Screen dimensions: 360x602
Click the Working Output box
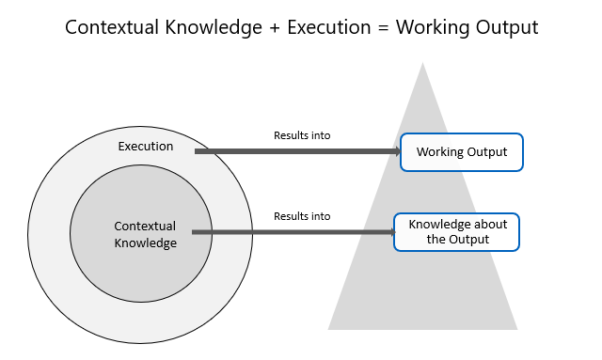pyautogui.click(x=461, y=152)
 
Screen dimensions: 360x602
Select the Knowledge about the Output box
pyautogui.click(x=457, y=231)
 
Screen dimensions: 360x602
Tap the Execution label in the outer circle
pyautogui.click(x=146, y=147)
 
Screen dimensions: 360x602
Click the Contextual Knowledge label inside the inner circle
pyautogui.click(x=146, y=235)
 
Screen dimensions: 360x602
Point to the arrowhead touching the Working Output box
pyautogui.click(x=395, y=151)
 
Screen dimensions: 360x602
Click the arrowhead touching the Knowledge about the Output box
pyautogui.click(x=388, y=231)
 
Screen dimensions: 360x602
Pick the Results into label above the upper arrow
pyautogui.click(x=302, y=135)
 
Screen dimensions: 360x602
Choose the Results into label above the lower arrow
pyautogui.click(x=302, y=216)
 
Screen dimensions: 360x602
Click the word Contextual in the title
pyautogui.click(x=112, y=27)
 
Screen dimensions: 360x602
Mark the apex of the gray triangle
pyautogui.click(x=423, y=64)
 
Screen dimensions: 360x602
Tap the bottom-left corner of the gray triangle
pyautogui.click(x=329, y=328)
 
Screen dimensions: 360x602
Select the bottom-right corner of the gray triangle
pyautogui.click(x=516, y=328)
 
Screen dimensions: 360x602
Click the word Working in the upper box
pyautogui.click(x=439, y=152)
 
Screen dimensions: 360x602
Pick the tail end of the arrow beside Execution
pyautogui.click(x=197, y=151)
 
